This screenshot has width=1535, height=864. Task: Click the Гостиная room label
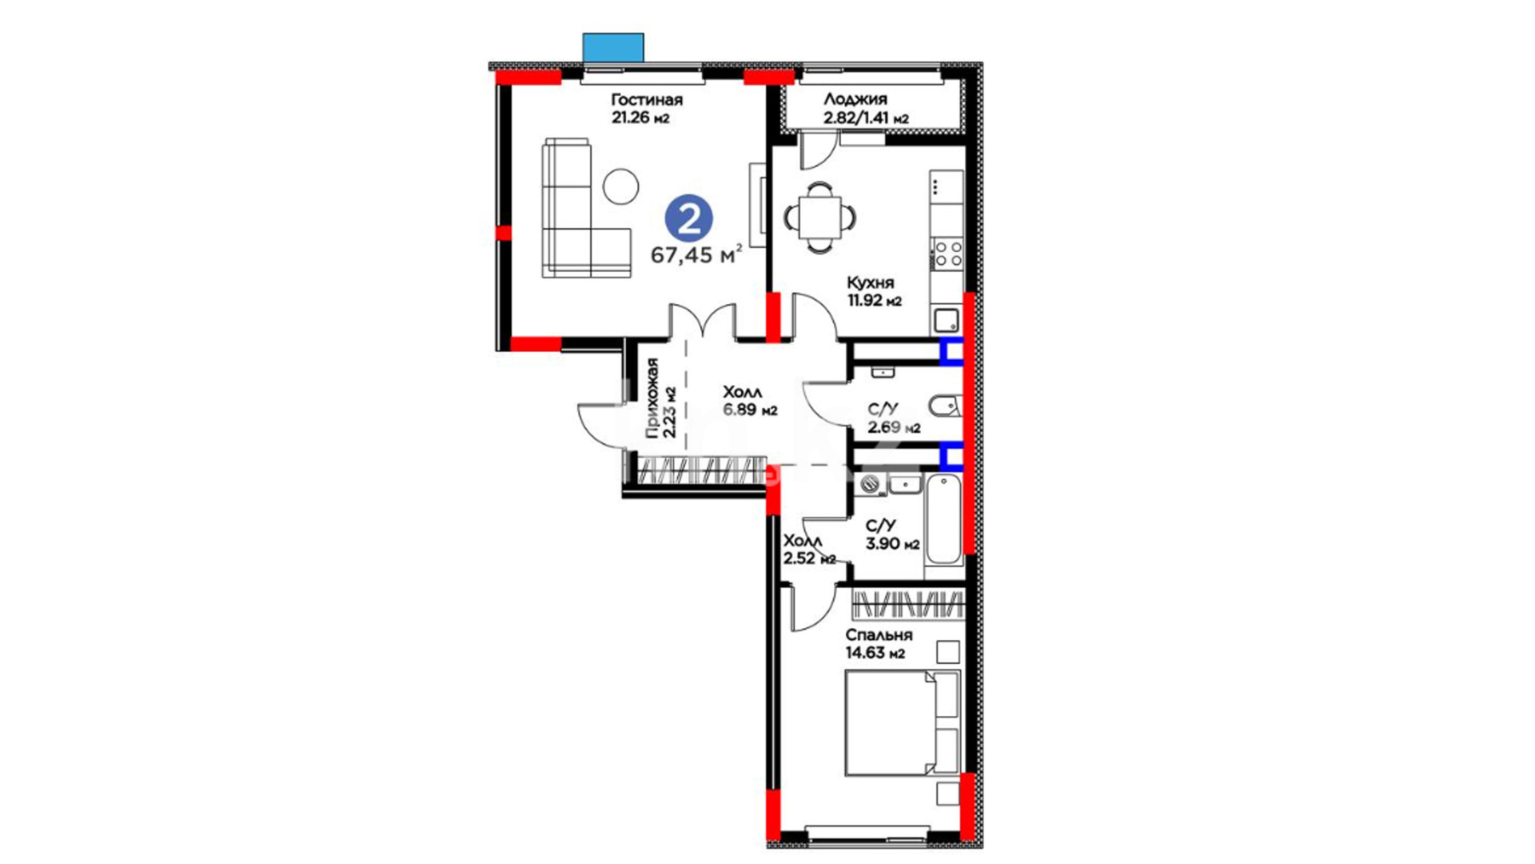point(647,100)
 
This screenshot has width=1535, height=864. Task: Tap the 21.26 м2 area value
point(640,118)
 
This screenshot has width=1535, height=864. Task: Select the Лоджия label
point(855,100)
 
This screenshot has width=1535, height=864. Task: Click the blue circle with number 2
point(688,218)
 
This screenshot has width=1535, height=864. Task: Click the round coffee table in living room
point(620,186)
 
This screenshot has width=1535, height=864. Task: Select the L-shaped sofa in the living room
point(586,208)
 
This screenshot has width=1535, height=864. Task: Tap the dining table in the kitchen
point(819,218)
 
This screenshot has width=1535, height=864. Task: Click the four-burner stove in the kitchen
point(948,254)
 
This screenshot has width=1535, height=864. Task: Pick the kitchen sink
point(947,321)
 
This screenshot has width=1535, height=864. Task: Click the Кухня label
point(871,282)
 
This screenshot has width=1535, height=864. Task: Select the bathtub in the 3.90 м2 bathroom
point(943,520)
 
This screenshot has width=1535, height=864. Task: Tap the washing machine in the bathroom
point(870,484)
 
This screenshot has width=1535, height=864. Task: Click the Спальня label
point(879,635)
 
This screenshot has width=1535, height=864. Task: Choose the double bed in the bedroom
point(902,723)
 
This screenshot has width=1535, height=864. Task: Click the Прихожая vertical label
point(652,398)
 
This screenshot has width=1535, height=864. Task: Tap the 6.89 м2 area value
point(750,410)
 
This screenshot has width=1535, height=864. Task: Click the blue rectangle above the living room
point(613,47)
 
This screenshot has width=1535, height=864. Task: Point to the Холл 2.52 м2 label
point(809,550)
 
